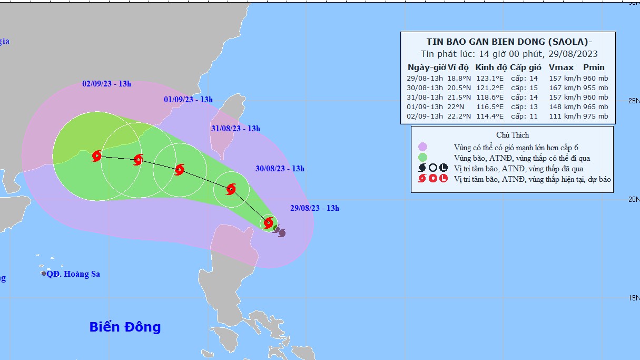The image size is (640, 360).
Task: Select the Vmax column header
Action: (x=558, y=67)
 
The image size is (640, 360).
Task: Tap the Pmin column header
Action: (x=594, y=67)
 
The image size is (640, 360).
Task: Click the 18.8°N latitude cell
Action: (x=458, y=78)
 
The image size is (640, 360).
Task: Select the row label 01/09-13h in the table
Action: (x=425, y=106)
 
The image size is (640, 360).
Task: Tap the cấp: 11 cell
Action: (x=524, y=116)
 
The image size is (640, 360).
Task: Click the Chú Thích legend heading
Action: (x=512, y=135)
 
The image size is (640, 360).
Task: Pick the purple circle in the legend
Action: (x=422, y=147)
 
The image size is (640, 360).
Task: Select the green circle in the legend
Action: (x=422, y=157)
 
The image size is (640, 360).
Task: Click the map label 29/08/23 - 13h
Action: (x=314, y=208)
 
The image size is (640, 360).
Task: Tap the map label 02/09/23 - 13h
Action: (x=106, y=84)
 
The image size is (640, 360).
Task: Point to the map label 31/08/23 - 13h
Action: (x=235, y=129)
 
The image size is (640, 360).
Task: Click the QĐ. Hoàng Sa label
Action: (x=73, y=274)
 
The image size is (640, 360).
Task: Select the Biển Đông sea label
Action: (x=125, y=327)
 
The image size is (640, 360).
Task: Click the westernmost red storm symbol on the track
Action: (x=96, y=156)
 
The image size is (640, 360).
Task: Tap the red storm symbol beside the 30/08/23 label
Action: (x=231, y=189)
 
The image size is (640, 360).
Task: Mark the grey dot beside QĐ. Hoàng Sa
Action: (x=44, y=274)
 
